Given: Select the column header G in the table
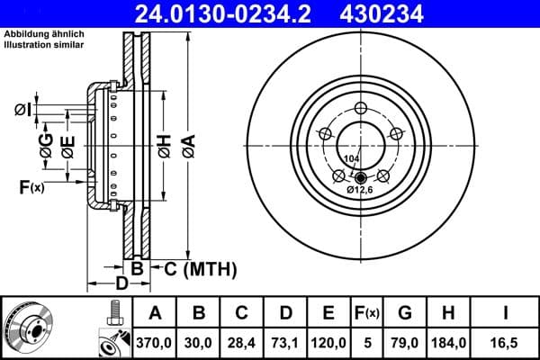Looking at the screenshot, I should (405, 312).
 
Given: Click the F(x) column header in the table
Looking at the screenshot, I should (367, 312).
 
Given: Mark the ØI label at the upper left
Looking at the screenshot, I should (22, 110).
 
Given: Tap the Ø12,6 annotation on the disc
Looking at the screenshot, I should (360, 190).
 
